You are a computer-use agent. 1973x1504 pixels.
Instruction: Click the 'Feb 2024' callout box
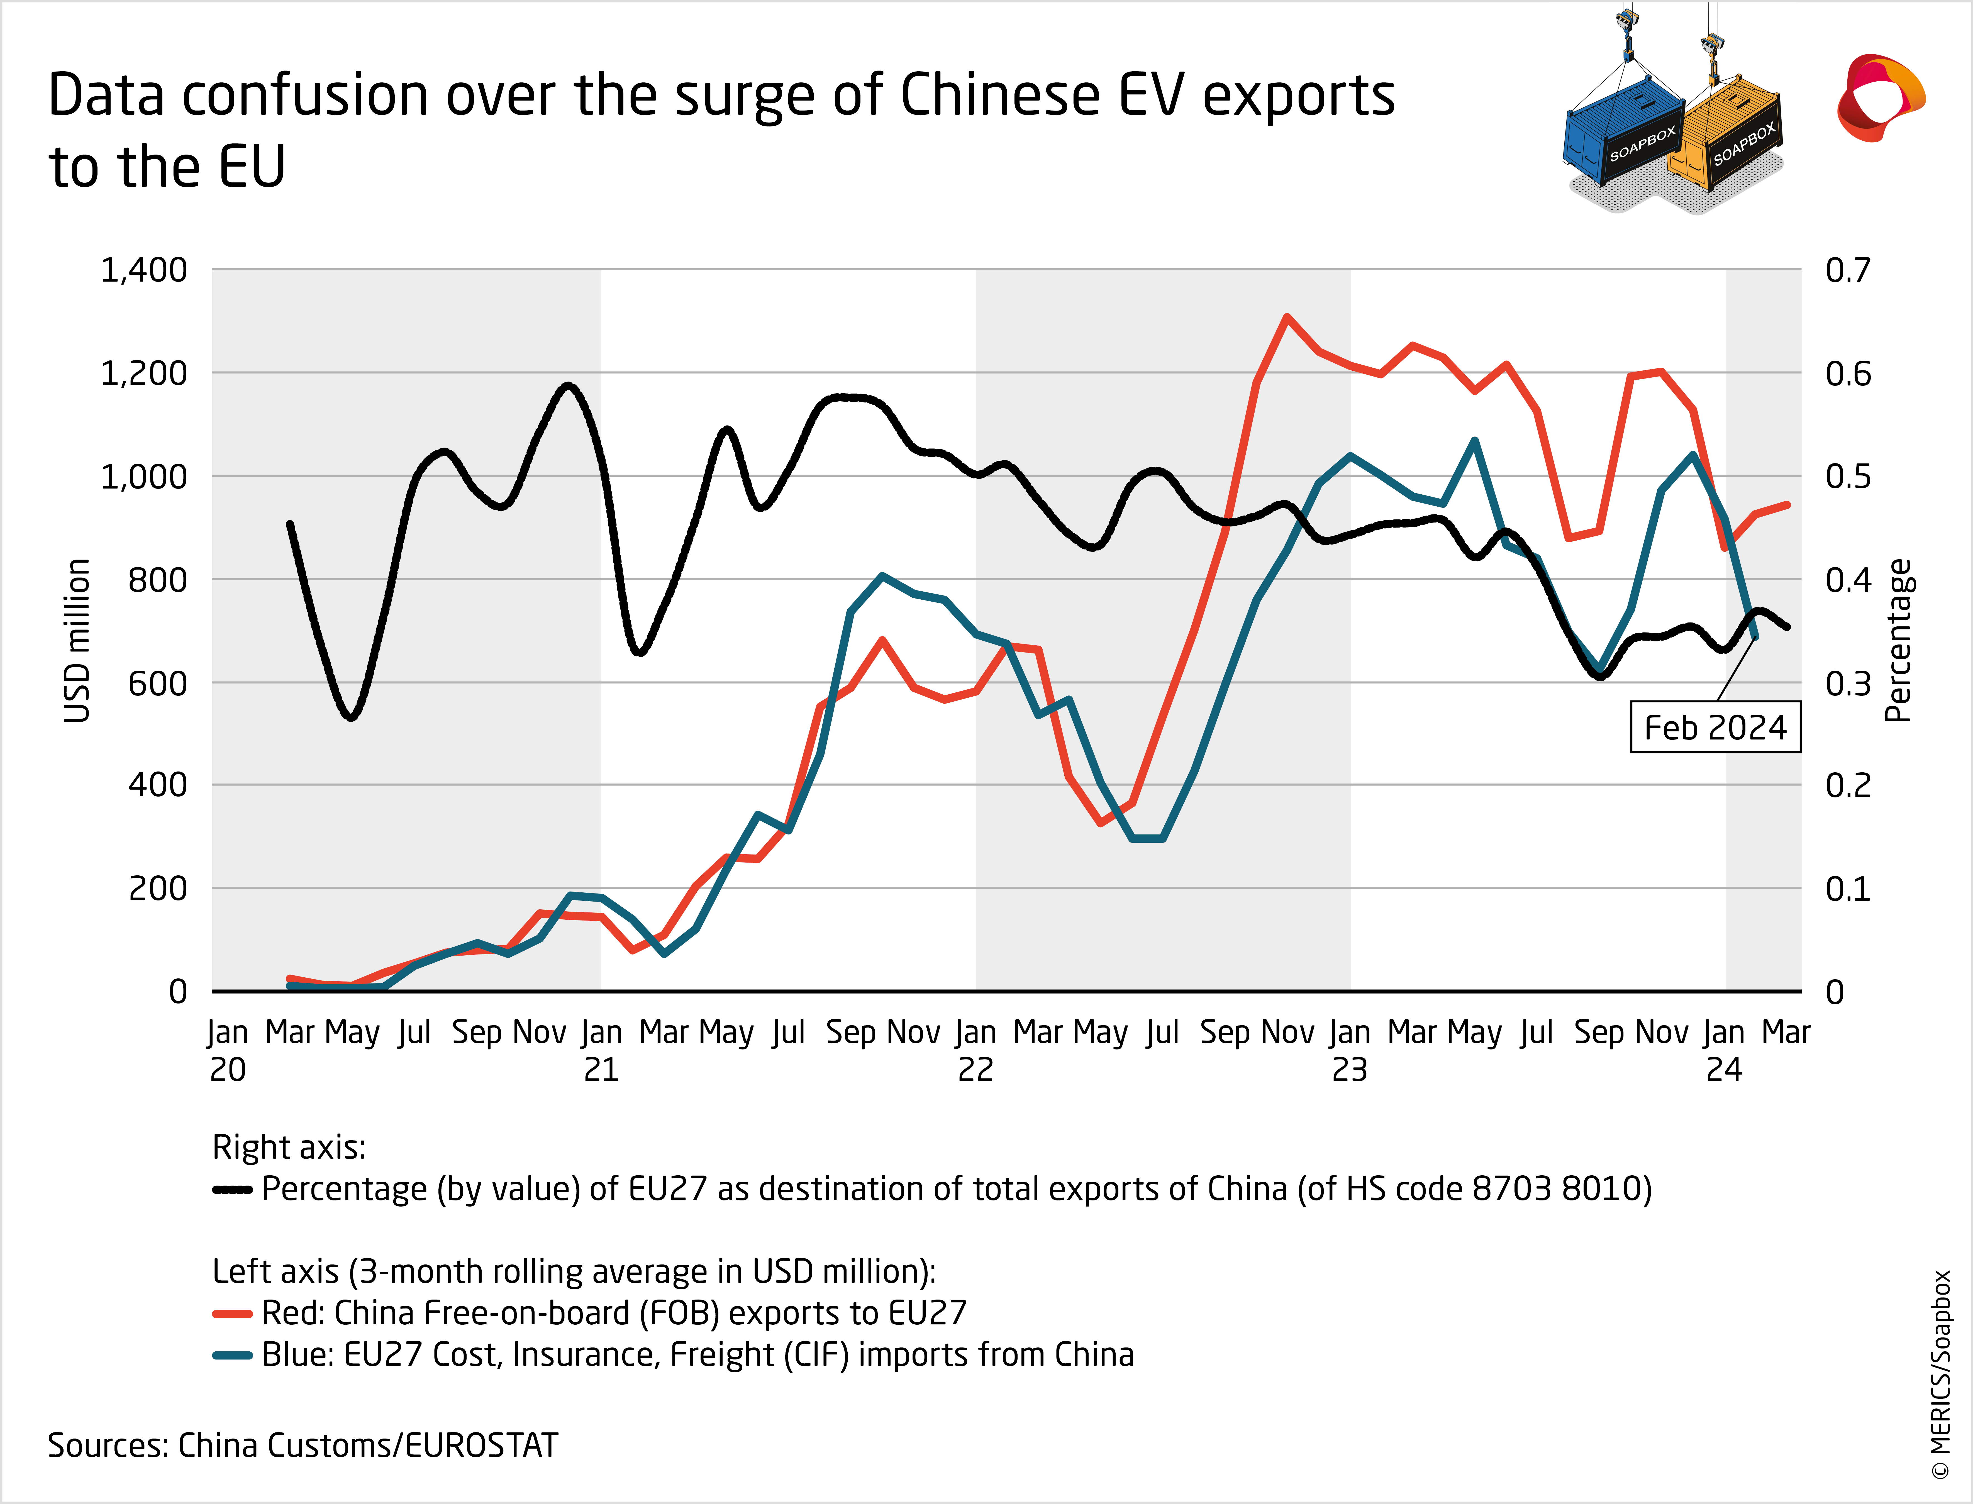click(1714, 727)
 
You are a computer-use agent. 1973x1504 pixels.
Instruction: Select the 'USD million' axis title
click(78, 640)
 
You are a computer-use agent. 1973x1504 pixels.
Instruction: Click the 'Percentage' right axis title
click(1898, 640)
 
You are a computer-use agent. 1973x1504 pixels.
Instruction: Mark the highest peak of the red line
click(1286, 317)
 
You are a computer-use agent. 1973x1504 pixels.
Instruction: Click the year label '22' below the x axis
click(975, 1070)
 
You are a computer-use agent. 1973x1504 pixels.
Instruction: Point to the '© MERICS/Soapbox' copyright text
click(1941, 1374)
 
